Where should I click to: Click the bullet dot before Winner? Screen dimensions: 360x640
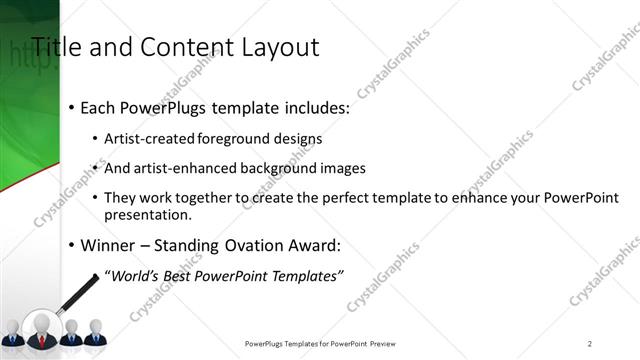[72, 244]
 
